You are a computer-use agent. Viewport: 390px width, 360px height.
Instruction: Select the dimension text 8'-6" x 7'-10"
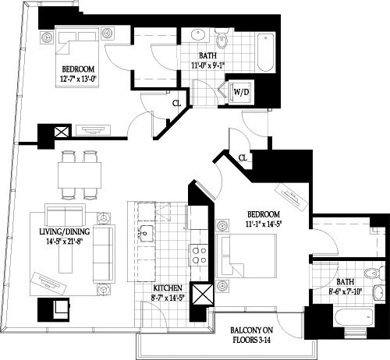click(x=346, y=294)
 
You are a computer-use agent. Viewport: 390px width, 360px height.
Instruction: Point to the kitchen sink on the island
click(x=146, y=231)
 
